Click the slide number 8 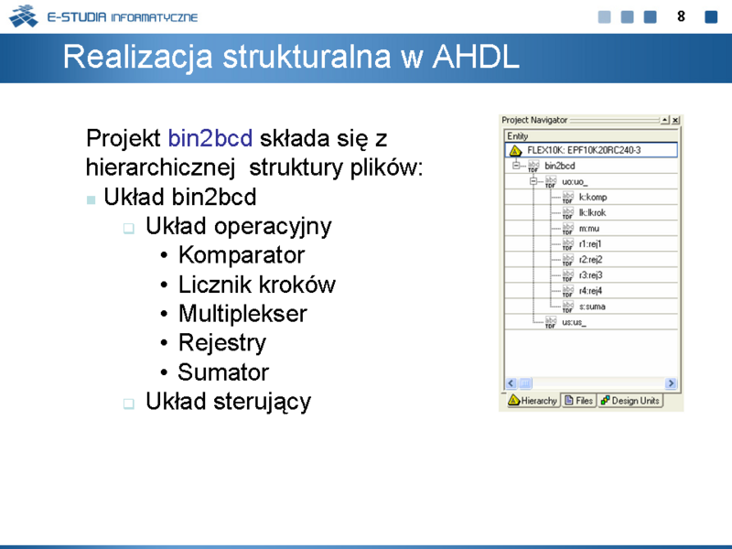point(681,16)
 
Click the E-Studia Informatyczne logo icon point(24,16)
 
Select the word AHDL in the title point(476,57)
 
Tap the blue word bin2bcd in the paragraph point(210,138)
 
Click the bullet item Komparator point(242,255)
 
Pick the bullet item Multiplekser point(242,313)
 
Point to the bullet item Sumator point(223,372)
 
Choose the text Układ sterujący point(228,402)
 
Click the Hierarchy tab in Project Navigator point(533,401)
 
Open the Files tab point(579,401)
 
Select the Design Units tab point(630,401)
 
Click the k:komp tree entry point(593,198)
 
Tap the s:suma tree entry point(592,307)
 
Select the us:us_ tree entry point(574,323)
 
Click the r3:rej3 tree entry point(590,275)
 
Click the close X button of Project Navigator point(675,121)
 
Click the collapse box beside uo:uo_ point(533,181)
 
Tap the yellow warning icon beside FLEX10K point(515,150)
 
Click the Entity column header point(517,135)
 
